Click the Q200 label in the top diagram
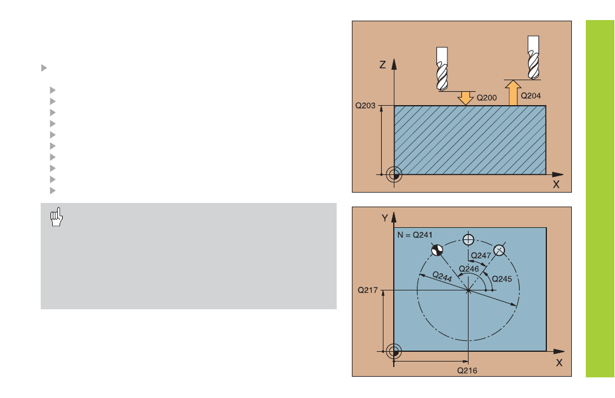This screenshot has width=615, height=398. point(486,98)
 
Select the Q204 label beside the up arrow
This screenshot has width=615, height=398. point(531,95)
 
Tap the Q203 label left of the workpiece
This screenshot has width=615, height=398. point(365,106)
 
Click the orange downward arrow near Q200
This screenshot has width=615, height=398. point(466,98)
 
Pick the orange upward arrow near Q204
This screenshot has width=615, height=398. point(513,93)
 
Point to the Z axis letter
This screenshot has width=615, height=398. point(383,64)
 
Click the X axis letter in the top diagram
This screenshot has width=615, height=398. point(556,184)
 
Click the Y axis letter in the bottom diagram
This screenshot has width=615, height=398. point(385,218)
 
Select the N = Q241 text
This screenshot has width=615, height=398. point(414,235)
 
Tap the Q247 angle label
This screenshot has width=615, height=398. point(481,256)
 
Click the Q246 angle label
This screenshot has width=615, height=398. point(469,269)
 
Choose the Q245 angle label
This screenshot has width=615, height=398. point(501,279)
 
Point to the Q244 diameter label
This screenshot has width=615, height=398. point(442,276)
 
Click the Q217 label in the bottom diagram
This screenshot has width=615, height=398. point(368,290)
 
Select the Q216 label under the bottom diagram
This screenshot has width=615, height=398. point(467,371)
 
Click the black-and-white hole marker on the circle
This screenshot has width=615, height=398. point(437,250)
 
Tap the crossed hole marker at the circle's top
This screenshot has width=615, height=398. point(469,239)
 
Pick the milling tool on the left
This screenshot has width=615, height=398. point(442,69)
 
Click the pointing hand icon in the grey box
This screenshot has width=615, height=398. point(57,217)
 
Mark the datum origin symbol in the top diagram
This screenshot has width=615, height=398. point(394,175)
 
